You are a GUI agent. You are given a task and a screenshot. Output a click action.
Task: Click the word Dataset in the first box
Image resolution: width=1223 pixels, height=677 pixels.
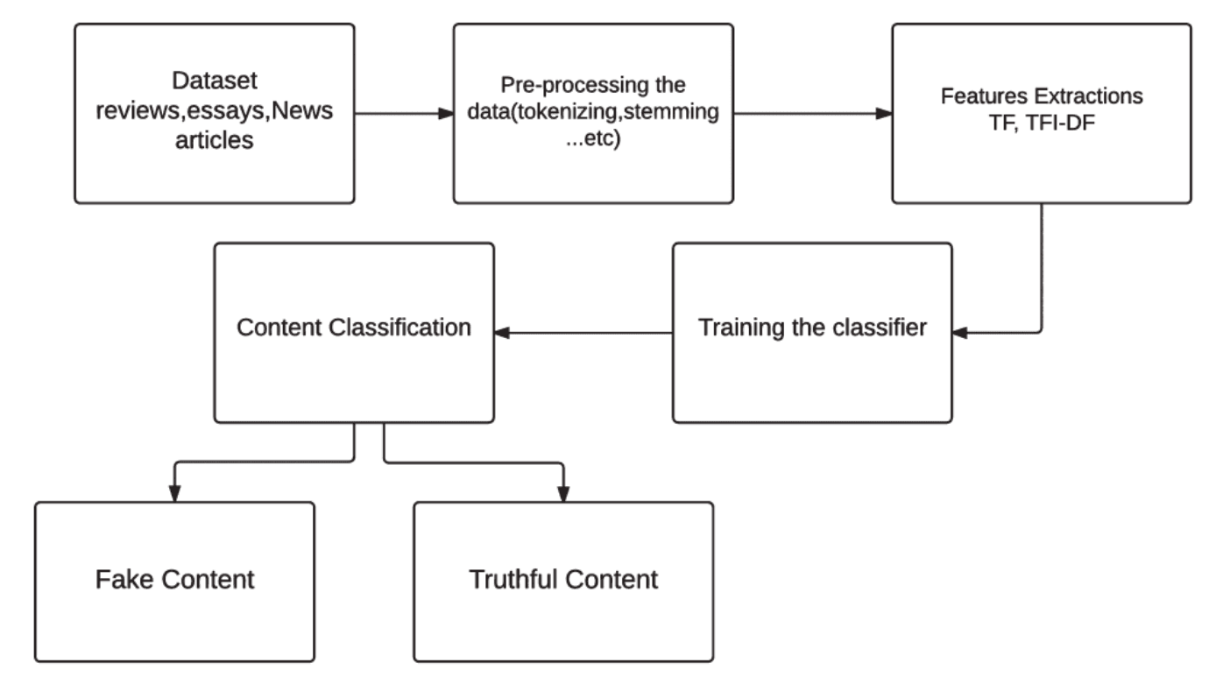(215, 81)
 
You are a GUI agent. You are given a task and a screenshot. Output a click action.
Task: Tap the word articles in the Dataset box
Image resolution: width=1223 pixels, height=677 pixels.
(215, 139)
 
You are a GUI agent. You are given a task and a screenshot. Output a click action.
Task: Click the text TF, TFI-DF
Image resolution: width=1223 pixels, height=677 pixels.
(1041, 123)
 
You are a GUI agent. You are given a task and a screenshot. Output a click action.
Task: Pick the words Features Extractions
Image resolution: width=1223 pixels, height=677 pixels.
(1041, 95)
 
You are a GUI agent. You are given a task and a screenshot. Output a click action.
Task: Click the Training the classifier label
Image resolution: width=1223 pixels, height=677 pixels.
(812, 329)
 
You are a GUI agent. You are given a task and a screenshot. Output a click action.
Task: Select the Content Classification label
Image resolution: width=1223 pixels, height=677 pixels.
(354, 328)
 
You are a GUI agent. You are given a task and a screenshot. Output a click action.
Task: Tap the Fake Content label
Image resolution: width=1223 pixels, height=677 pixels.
(174, 579)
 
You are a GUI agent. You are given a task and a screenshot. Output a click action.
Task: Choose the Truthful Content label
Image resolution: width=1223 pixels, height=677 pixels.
(563, 579)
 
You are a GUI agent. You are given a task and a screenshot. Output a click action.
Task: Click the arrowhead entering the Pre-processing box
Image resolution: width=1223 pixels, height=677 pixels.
(445, 114)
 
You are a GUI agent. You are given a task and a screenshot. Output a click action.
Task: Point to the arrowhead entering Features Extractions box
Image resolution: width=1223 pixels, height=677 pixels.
(884, 114)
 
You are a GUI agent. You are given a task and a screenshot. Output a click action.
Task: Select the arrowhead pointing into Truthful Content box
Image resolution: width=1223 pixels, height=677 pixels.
(563, 494)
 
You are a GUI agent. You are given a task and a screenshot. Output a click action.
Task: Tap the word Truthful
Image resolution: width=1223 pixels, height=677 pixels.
(511, 579)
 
